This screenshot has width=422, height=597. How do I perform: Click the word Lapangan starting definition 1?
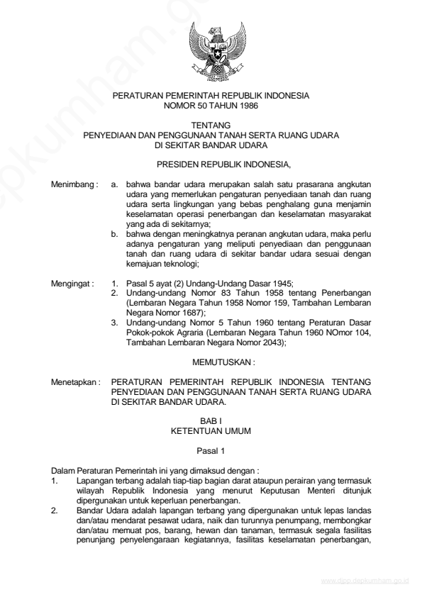92,479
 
